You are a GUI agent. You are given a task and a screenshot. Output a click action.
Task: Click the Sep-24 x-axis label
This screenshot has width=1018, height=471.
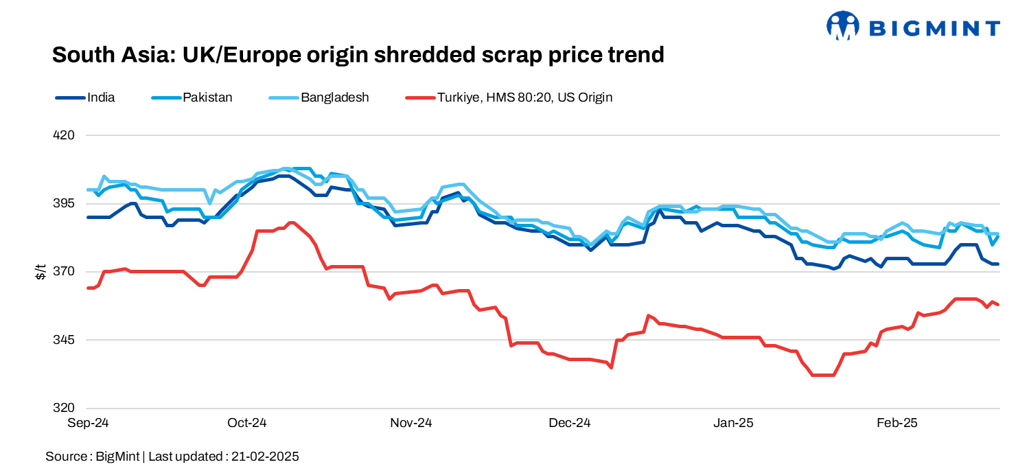88,424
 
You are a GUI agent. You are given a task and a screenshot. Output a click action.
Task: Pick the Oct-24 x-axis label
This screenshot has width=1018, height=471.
246,424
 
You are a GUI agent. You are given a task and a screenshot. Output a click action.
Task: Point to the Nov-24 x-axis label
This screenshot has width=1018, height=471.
410,424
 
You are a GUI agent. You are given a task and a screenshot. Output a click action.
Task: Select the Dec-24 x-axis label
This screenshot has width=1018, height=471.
569,424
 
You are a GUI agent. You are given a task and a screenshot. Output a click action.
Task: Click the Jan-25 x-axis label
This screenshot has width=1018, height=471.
733,424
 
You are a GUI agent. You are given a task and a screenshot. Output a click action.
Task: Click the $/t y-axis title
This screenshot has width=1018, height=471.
40,272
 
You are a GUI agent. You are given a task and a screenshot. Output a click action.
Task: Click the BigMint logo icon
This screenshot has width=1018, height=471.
843,26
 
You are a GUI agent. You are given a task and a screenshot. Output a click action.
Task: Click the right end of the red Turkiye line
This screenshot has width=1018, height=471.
998,305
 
